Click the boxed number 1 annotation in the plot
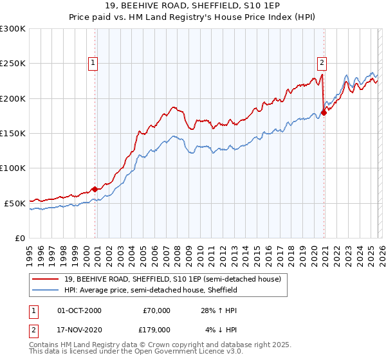pos(93,63)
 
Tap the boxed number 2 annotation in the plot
pos(321,63)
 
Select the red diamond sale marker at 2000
pos(95,189)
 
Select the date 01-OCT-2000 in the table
pos(79,310)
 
